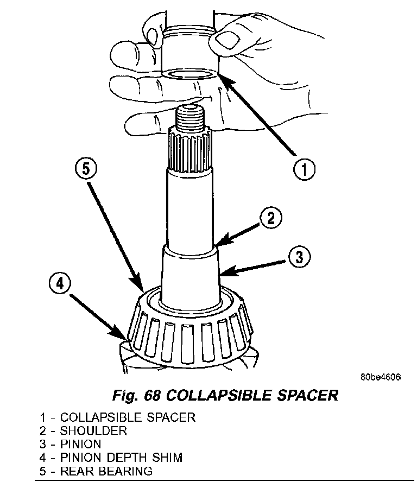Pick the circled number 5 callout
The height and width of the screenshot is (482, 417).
click(x=86, y=169)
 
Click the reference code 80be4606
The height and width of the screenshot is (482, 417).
click(x=379, y=377)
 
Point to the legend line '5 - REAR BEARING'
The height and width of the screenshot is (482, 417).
click(x=96, y=471)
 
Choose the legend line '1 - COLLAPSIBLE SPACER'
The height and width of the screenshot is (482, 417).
click(x=117, y=417)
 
